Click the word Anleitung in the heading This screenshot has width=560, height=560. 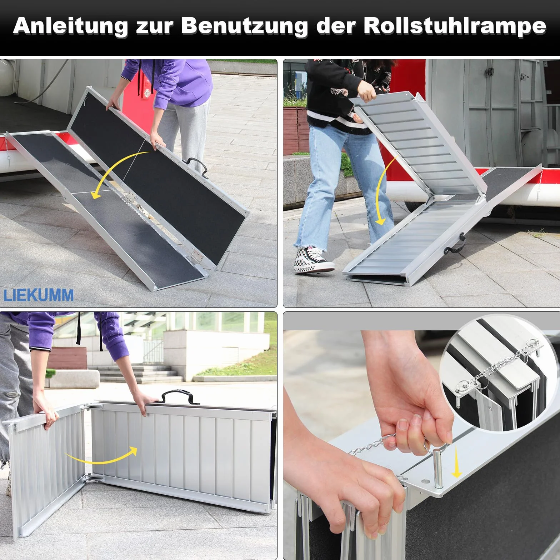(70, 26)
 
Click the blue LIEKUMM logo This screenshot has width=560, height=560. (39, 295)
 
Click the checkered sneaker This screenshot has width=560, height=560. (313, 260)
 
